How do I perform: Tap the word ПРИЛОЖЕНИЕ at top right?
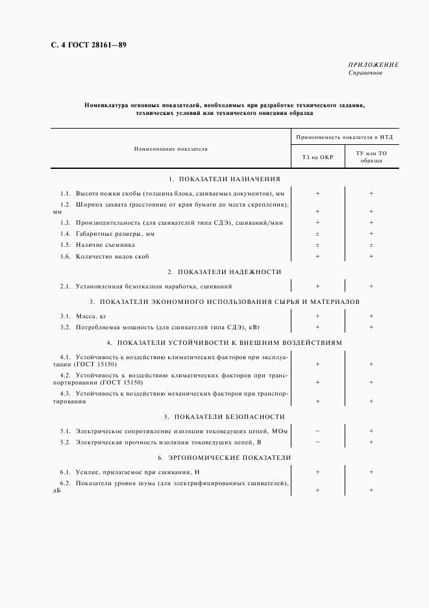click(x=373, y=65)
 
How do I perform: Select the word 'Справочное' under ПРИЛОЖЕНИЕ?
click(x=365, y=73)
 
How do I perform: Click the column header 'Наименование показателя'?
click(x=171, y=149)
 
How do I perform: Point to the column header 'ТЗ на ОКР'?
click(x=317, y=157)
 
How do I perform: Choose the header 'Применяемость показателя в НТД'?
click(x=345, y=138)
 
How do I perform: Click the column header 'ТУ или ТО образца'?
click(x=371, y=157)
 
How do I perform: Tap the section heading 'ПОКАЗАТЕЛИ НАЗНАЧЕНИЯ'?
click(x=229, y=179)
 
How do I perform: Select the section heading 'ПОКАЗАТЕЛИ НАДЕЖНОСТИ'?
click(x=229, y=272)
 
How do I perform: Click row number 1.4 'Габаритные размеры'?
click(x=65, y=233)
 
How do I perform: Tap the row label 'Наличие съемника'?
click(x=105, y=245)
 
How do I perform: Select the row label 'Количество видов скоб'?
click(x=112, y=257)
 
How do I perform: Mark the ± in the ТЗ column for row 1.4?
click(x=317, y=233)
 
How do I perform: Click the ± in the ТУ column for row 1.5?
click(x=371, y=245)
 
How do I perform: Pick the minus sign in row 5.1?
click(x=317, y=431)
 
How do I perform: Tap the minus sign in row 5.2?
click(x=317, y=442)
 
